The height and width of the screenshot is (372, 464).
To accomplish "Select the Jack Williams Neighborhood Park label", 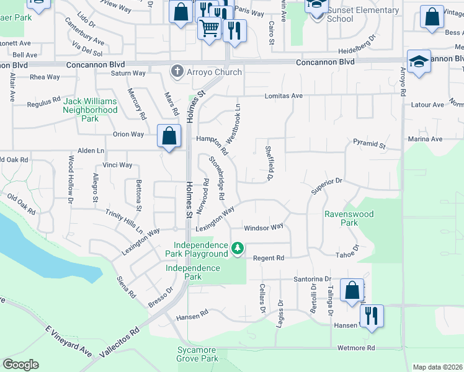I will pos(91,110).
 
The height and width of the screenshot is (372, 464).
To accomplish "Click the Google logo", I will pos(20,365).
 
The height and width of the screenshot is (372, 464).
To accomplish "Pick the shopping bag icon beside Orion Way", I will pos(169,136).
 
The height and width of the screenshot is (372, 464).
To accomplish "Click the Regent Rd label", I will pos(268,258).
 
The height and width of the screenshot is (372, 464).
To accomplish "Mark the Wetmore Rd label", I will pos(357,348).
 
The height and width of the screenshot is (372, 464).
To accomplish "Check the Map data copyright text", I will pos(437,367).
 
